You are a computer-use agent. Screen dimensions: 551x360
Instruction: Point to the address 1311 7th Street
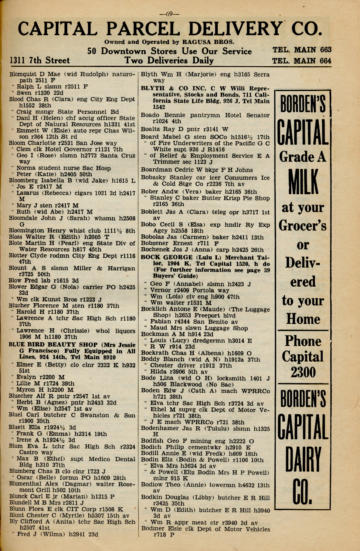pos(40,61)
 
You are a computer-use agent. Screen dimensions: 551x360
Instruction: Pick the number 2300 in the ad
pos(303,372)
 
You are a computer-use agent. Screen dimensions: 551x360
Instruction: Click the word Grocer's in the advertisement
pos(303,225)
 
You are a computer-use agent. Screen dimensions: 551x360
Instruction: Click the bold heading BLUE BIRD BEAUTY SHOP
pos(53,345)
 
